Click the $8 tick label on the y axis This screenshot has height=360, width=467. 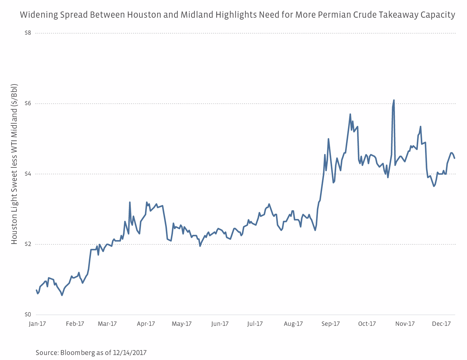[x=28, y=33]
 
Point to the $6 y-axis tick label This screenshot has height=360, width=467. [x=28, y=103]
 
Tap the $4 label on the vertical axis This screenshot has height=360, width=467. [x=28, y=174]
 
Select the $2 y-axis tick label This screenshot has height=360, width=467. [x=28, y=244]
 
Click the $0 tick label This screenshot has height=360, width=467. [x=28, y=315]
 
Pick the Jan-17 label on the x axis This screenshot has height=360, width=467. [x=37, y=324]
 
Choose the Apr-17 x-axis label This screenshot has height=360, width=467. [x=146, y=324]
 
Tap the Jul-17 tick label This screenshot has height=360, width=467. [x=255, y=324]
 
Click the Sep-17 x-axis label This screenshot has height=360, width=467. [x=331, y=324]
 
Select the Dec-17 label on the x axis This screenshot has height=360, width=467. [x=441, y=324]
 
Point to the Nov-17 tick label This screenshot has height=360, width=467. [x=405, y=324]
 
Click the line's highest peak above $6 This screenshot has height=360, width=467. [x=394, y=100]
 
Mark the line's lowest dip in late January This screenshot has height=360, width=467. [x=62, y=295]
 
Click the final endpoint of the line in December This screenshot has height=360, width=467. [x=455, y=158]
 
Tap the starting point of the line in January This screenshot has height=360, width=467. [x=36, y=290]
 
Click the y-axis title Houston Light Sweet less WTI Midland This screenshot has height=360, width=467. [x=15, y=164]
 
